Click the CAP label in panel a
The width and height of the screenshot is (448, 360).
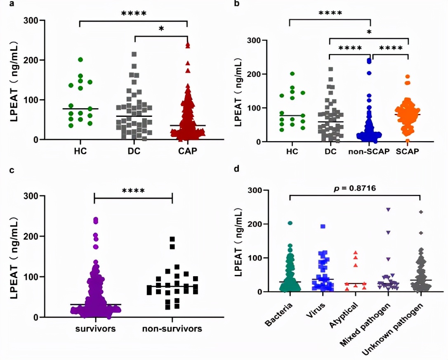coord(187,151)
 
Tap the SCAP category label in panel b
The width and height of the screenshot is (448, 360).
coord(408,152)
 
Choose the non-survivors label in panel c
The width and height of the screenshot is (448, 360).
coord(172,329)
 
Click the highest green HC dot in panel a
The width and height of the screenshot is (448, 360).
coord(80,60)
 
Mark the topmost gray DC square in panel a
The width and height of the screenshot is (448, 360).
coord(134,54)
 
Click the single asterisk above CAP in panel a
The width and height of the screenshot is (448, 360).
coord(161,29)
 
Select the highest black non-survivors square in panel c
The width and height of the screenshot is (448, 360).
coord(172,239)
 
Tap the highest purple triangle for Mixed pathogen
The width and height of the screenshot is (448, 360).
coord(388,210)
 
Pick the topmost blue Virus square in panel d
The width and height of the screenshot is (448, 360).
coord(323,226)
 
